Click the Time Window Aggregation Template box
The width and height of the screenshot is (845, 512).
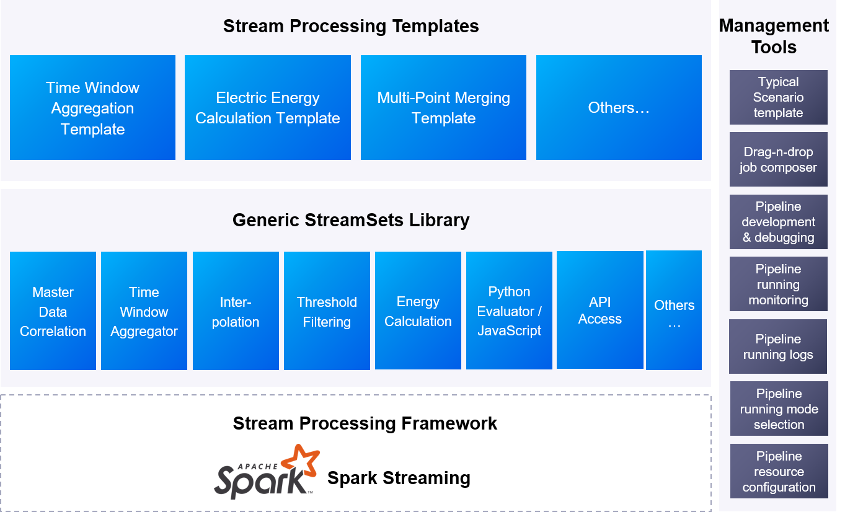click(92, 108)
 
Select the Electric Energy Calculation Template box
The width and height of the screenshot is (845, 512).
click(268, 108)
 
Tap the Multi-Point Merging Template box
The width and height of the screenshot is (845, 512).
click(443, 108)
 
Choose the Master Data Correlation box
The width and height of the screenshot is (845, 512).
click(53, 311)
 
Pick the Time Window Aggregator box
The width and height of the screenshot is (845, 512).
click(144, 311)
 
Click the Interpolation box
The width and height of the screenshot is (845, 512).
click(236, 311)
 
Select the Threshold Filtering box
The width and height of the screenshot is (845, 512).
click(327, 311)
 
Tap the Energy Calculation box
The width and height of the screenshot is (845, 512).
click(418, 311)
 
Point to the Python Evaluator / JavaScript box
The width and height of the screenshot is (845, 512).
click(509, 311)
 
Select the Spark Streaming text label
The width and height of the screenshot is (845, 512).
click(399, 478)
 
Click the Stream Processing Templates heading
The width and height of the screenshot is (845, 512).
click(351, 26)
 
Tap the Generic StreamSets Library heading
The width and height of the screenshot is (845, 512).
click(351, 220)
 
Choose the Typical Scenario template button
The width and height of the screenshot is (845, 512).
click(778, 97)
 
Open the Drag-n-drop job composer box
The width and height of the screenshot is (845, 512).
click(778, 159)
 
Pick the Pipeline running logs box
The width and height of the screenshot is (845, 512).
click(778, 346)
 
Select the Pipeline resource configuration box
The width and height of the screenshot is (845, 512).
click(779, 471)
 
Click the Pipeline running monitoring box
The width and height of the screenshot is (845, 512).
click(778, 284)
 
